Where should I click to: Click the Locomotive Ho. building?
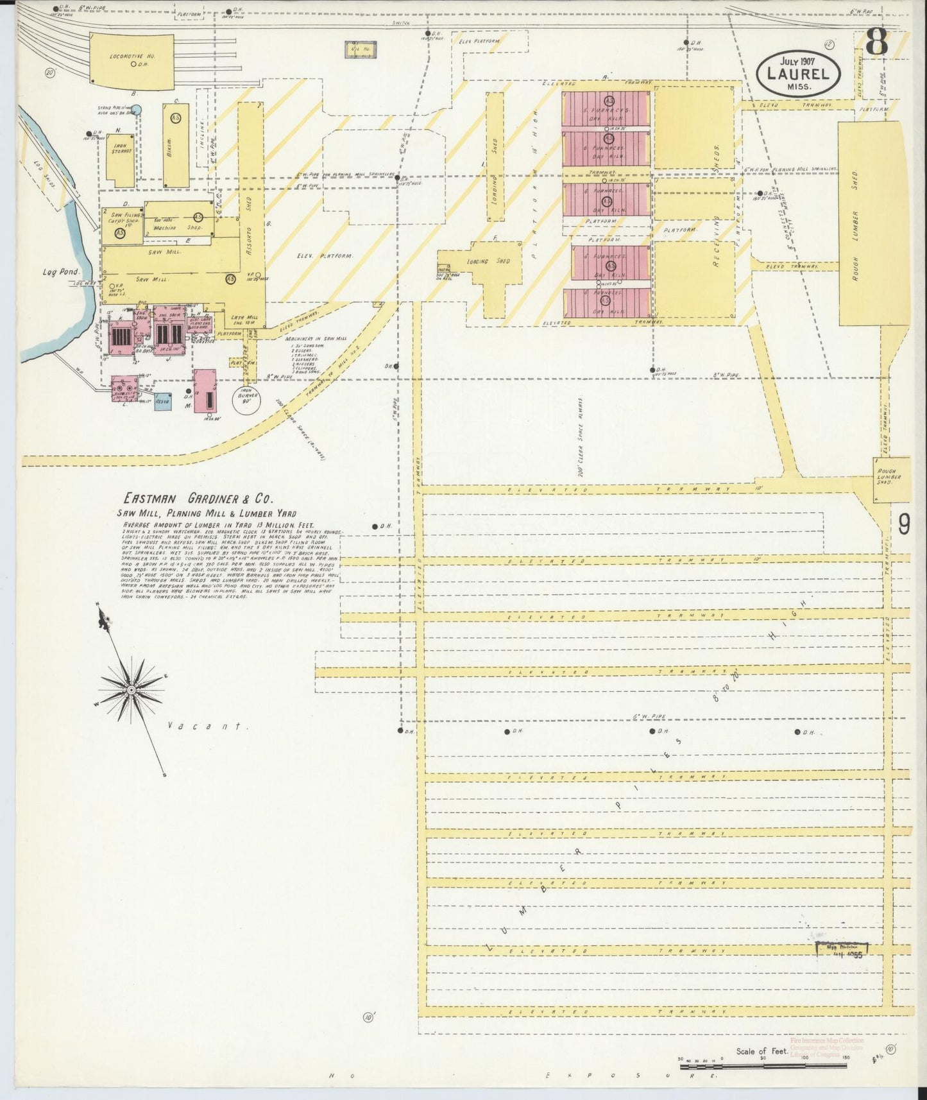132,59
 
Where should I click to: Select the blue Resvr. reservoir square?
162,401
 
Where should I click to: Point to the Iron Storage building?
120,160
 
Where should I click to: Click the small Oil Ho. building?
361,49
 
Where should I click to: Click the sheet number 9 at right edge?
903,525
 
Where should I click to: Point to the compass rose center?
131,689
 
